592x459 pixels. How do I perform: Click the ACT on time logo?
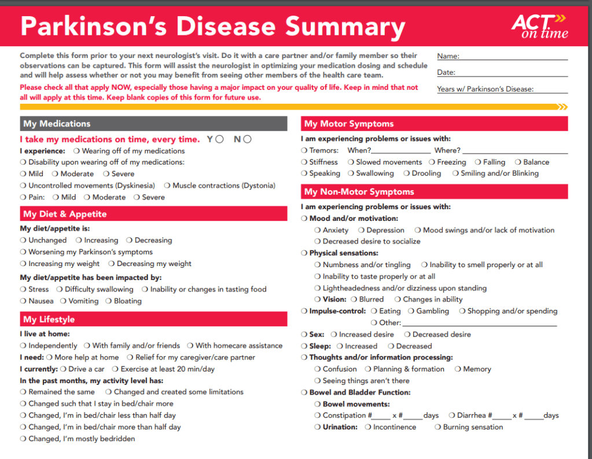click(x=539, y=26)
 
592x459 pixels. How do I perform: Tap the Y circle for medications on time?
click(x=220, y=139)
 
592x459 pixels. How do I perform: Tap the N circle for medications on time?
click(x=247, y=139)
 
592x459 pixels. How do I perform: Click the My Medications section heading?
click(x=57, y=123)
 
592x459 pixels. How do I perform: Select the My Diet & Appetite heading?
click(x=65, y=214)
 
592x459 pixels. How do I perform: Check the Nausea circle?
click(x=23, y=301)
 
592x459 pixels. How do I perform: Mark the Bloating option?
click(x=108, y=301)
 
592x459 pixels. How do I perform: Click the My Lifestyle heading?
click(x=49, y=319)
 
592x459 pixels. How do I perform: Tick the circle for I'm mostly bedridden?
click(x=23, y=439)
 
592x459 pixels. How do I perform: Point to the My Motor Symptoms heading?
click(x=348, y=123)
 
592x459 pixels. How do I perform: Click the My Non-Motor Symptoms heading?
click(x=359, y=192)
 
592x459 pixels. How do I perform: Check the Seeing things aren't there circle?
click(x=318, y=381)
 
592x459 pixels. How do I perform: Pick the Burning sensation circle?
click(x=437, y=427)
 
